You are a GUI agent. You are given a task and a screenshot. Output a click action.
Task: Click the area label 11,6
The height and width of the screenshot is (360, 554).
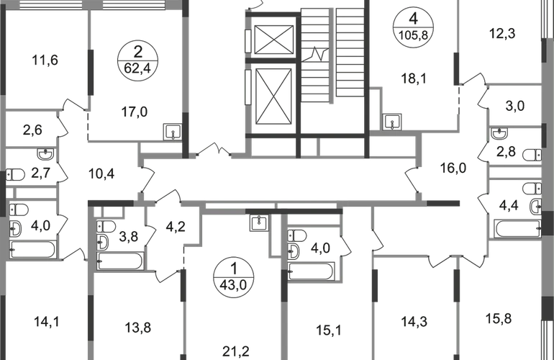point(45,60)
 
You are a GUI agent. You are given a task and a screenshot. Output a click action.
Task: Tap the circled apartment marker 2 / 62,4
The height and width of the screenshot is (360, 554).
point(138,60)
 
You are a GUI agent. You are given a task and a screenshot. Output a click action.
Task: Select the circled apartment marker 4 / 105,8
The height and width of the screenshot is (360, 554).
point(414,27)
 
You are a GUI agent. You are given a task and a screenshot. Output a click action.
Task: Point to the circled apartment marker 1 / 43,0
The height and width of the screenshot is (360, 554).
point(233,277)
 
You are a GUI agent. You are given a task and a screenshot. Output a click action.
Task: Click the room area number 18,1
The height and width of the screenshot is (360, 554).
point(414,78)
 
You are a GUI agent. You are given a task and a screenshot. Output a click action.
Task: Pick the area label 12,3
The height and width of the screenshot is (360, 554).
point(502,34)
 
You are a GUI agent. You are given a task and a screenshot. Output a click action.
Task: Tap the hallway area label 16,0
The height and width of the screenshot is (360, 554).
point(453,168)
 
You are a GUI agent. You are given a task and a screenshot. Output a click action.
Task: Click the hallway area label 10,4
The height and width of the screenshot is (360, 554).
point(101,174)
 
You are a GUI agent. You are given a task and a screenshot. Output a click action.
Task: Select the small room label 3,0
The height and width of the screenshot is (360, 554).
point(515,105)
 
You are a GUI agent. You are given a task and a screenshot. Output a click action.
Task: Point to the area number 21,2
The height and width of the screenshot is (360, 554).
point(236,351)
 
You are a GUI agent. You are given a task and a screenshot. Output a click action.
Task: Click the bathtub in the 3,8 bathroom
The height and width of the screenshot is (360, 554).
point(120,261)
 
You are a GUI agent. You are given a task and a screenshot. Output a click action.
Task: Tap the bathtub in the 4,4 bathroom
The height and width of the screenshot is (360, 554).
point(517,229)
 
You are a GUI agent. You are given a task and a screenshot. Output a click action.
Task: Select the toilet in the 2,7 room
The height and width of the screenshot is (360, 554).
point(15,175)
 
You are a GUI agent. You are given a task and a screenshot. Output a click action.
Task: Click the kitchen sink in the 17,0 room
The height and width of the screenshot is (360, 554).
point(173,132)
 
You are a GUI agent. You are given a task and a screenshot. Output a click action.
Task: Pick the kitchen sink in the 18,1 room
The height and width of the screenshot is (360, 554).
point(392,122)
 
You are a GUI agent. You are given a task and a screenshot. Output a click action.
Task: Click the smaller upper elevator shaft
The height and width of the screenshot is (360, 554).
point(274,40)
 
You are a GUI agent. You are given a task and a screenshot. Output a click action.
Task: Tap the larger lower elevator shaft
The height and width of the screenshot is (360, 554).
point(273,97)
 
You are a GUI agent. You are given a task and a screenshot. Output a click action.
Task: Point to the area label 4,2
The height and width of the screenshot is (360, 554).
point(176,226)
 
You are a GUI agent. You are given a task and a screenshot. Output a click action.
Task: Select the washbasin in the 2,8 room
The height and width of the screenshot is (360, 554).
point(499,134)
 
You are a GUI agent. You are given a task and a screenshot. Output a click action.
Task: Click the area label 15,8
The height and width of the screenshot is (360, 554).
point(499,319)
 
